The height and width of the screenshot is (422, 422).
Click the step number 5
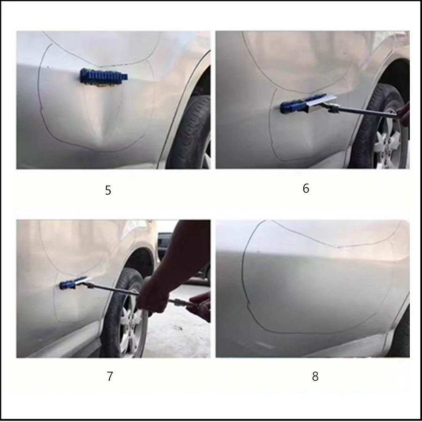108,190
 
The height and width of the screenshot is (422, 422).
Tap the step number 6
306,188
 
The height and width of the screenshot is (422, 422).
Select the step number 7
110,376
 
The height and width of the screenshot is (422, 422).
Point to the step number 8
315,376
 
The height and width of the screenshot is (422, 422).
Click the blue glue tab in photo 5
104,76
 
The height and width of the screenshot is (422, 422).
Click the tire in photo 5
190,132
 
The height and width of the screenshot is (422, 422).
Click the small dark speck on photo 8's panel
259,252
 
